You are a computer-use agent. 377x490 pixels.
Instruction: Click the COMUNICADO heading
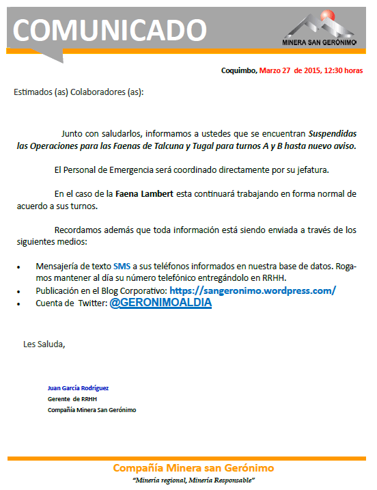tap(109, 30)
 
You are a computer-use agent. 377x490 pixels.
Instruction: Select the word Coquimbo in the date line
tap(239, 70)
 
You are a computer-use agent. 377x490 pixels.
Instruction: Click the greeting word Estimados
tap(33, 92)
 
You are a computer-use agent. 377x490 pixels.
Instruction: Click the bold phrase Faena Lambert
tap(145, 193)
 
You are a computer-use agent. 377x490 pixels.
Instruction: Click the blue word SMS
tap(122, 266)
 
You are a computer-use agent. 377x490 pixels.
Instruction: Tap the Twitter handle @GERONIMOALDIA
tap(160, 303)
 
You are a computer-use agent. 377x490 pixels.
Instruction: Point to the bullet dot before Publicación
tap(18, 291)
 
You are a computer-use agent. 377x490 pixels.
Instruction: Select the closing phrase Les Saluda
tap(44, 344)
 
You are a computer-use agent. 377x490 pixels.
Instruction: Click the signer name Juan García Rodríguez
tap(78, 387)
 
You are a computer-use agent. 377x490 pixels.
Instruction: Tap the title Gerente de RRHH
tap(72, 398)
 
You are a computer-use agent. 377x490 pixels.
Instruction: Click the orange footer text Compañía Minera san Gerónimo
tap(193, 468)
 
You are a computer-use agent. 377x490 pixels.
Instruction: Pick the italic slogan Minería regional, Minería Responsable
tap(185, 481)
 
